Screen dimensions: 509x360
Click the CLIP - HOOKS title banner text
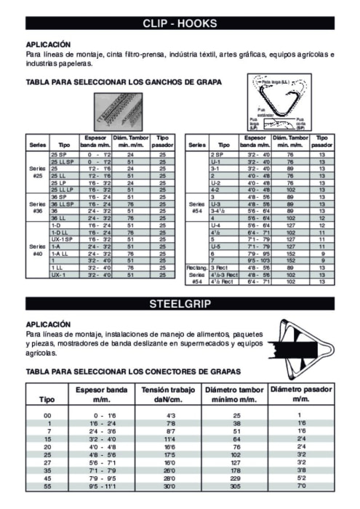pos(180,23)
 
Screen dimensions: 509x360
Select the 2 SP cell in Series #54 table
pos(217,155)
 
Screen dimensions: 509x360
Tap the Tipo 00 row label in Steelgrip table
pos(48,414)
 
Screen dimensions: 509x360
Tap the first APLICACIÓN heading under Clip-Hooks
pos(48,44)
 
